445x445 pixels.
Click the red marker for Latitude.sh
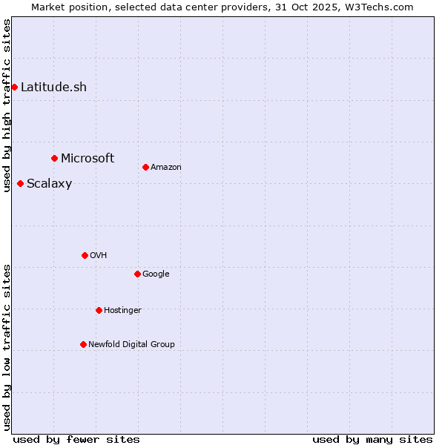tap(14, 87)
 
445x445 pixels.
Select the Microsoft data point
tap(54, 158)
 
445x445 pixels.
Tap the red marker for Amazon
tap(145, 167)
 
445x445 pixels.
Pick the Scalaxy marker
tap(20, 183)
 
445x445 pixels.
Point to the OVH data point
tap(85, 255)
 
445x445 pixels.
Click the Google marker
tap(137, 274)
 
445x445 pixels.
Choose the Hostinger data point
tap(99, 310)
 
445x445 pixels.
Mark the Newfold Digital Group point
tap(83, 344)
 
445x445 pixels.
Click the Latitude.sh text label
tap(53, 87)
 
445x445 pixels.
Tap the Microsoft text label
tap(88, 158)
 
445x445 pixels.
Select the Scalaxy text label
tap(49, 184)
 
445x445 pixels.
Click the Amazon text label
tap(166, 167)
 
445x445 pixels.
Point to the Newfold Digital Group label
tap(131, 344)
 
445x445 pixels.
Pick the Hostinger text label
tap(122, 310)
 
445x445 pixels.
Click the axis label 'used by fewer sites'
tap(76, 439)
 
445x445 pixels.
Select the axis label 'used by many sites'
tap(372, 439)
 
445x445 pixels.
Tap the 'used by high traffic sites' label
tap(7, 105)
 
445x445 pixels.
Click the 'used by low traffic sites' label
tap(7, 347)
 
